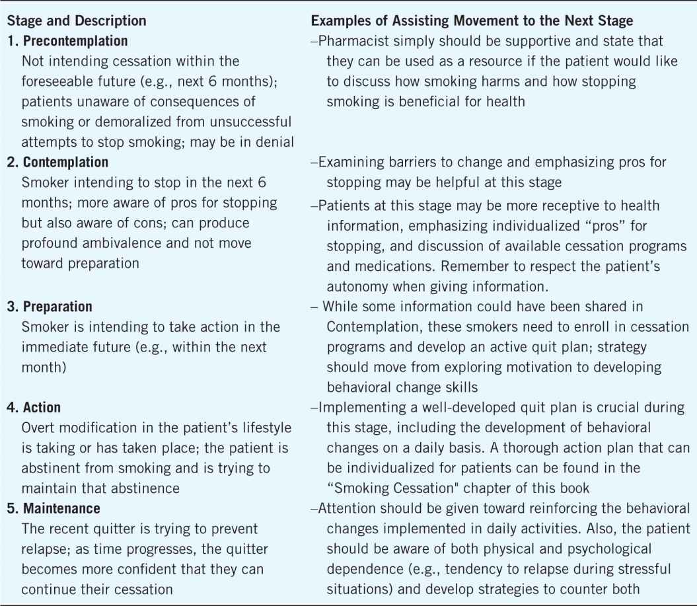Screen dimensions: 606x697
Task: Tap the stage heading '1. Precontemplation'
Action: [67, 41]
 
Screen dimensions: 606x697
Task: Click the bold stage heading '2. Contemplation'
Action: [57, 162]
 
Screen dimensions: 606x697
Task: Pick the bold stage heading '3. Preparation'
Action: [50, 307]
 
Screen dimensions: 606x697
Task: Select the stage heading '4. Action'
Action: [36, 408]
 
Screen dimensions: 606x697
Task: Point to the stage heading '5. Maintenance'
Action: [53, 509]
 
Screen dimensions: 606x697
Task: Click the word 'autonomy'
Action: [356, 283]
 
